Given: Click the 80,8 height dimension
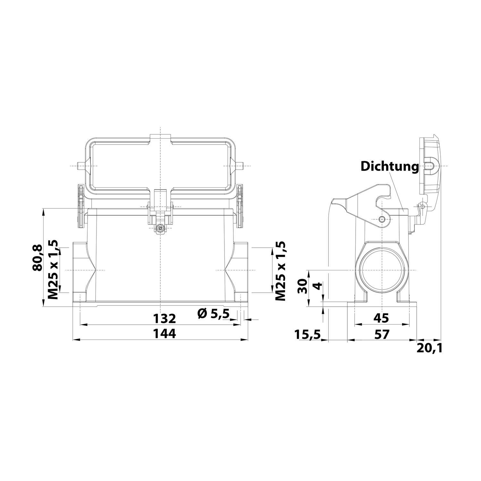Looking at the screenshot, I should coord(38,257).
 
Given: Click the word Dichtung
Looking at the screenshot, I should coord(390,167).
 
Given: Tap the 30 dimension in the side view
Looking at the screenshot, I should coord(302,286).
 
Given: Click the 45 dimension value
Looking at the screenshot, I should coord(382,318).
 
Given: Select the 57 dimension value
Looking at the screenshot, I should coord(382,334).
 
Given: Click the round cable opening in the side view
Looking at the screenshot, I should coord(382,270).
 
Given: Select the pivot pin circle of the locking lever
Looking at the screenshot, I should coord(382,219).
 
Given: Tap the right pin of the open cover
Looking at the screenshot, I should coord(240,166).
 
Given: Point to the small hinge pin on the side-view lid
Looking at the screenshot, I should coord(422,207).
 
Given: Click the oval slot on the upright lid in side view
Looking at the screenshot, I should coord(430,166).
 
